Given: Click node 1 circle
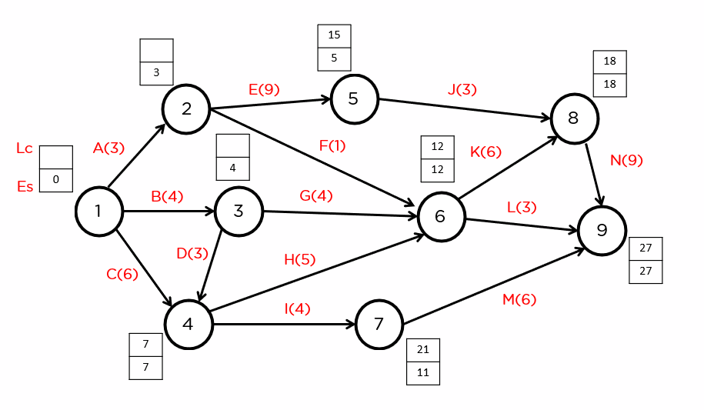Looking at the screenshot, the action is click(98, 211).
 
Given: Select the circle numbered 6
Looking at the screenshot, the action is click(441, 217).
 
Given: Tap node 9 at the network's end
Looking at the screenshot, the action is click(602, 230).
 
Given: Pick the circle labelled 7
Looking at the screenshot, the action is click(379, 324).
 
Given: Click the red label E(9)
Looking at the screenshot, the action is click(264, 89).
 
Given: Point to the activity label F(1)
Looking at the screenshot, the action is click(332, 145).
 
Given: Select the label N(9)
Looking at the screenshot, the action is click(626, 160).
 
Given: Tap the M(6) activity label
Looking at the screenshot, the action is click(519, 299).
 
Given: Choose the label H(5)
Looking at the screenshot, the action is click(299, 259).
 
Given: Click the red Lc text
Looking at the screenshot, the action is click(25, 148).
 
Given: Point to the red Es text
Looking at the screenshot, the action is click(25, 186).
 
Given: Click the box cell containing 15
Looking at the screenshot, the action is click(334, 36).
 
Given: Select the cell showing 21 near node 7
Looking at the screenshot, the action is click(423, 350).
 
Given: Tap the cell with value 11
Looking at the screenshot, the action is click(423, 373).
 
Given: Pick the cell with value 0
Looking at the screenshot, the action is click(56, 180).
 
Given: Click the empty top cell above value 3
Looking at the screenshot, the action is click(156, 50).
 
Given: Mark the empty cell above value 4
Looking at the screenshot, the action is click(232, 145).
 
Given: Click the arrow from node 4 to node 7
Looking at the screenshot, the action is click(284, 324).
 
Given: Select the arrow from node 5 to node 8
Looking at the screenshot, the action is click(464, 108).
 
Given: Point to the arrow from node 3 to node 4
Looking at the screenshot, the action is click(211, 265).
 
